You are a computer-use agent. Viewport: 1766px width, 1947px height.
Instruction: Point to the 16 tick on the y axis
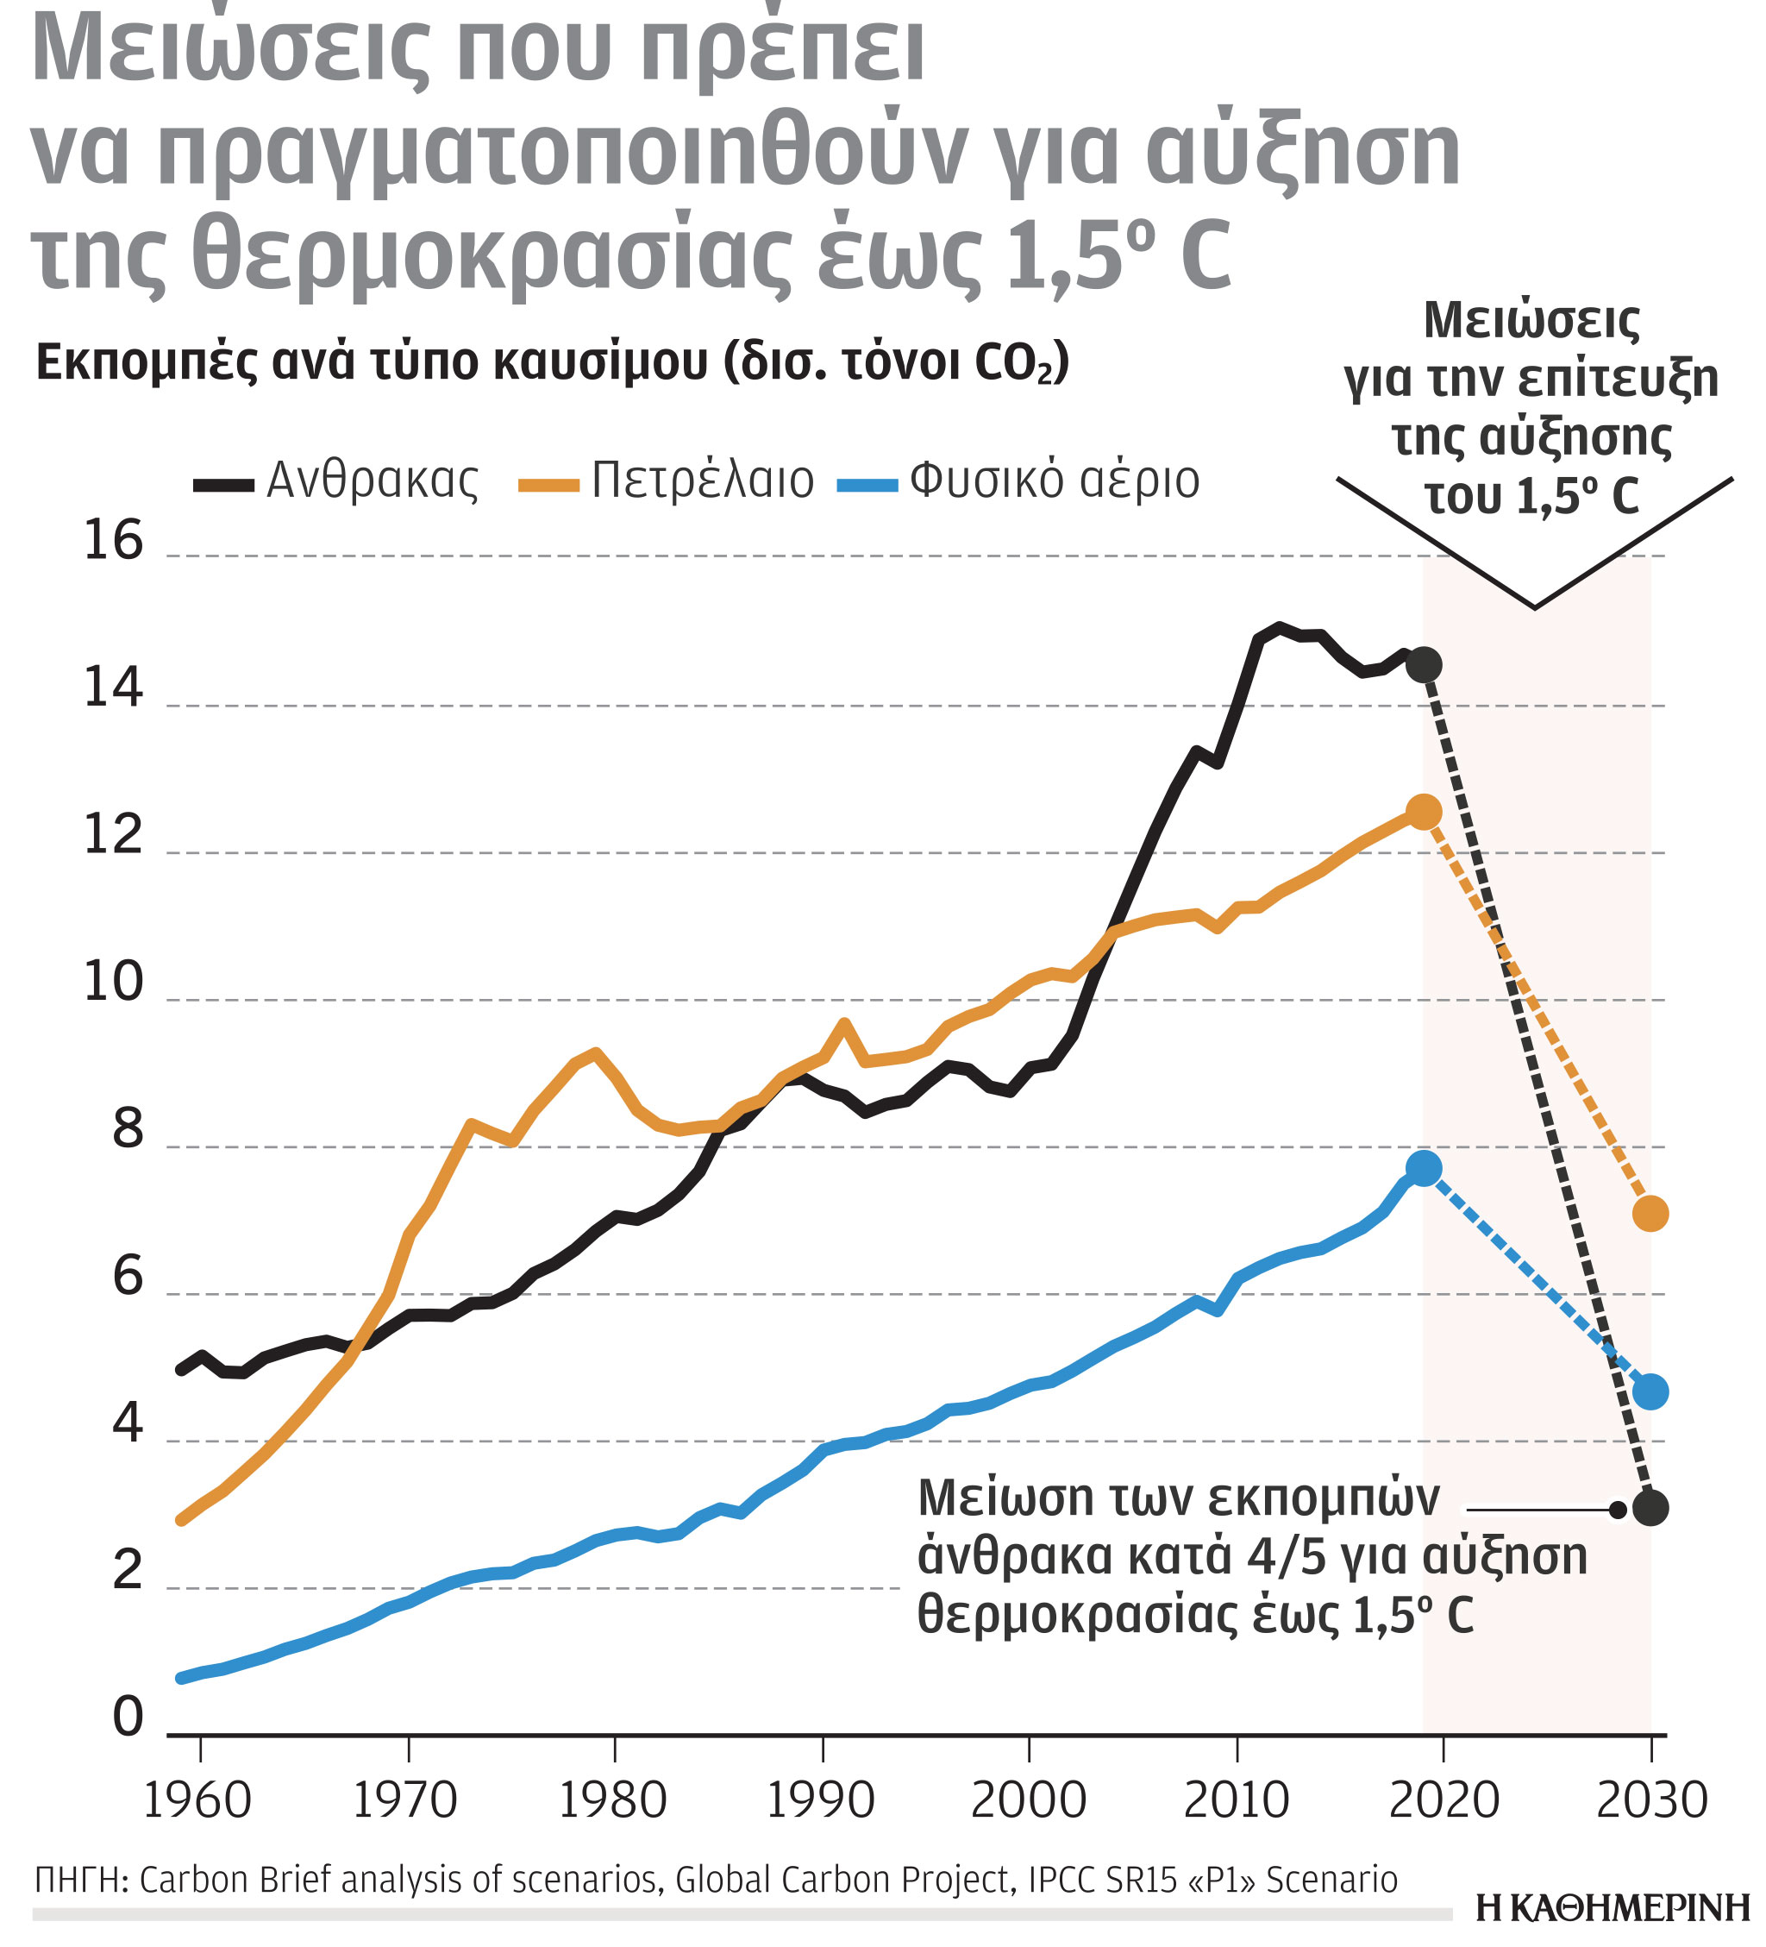point(113,540)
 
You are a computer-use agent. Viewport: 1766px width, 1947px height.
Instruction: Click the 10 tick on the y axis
point(113,983)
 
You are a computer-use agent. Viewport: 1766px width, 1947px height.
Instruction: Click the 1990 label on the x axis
point(820,1800)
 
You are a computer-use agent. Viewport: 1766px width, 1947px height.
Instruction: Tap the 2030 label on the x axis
point(1651,1800)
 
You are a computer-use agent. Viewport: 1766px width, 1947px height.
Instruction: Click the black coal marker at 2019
point(1423,664)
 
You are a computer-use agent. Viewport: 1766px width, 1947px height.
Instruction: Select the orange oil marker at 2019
point(1423,813)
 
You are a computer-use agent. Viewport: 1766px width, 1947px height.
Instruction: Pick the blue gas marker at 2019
point(1423,1169)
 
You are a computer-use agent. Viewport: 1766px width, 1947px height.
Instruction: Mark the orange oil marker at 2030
point(1650,1213)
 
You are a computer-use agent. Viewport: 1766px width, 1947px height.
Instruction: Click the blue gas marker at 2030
point(1650,1391)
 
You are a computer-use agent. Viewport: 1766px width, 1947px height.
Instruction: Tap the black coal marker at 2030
point(1650,1506)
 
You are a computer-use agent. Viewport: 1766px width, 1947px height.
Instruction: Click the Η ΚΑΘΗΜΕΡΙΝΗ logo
point(1613,1907)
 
